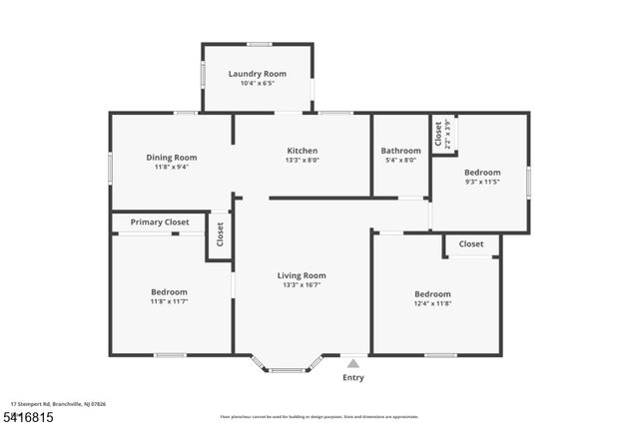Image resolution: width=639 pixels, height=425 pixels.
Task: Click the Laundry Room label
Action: (x=258, y=74)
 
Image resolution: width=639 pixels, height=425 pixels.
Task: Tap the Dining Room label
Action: (x=172, y=157)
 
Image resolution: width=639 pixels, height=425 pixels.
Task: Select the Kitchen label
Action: (x=302, y=150)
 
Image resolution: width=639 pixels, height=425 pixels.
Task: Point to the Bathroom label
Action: (x=401, y=151)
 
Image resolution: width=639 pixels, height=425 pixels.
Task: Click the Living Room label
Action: (x=302, y=275)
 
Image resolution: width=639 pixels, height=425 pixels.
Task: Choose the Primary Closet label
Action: (x=160, y=221)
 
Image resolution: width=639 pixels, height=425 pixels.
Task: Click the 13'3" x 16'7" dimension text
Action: (x=302, y=285)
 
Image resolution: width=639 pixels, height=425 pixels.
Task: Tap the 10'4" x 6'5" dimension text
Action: (x=258, y=84)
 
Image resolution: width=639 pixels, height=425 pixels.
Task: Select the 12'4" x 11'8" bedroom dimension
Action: (x=432, y=304)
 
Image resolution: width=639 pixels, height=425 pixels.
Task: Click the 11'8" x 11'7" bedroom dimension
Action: (x=170, y=301)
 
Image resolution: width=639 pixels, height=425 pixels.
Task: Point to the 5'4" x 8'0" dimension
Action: (x=401, y=161)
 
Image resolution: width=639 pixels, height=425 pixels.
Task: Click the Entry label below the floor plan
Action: (x=353, y=378)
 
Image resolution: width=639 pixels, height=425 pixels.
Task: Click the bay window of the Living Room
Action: (x=288, y=368)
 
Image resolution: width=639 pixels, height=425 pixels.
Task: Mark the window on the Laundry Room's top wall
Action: (x=260, y=44)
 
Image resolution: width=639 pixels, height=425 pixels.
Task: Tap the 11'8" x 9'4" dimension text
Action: (x=172, y=167)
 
